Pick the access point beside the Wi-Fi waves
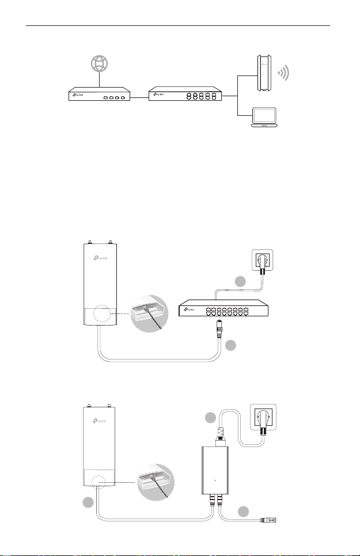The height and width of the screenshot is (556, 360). [x=264, y=73]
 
